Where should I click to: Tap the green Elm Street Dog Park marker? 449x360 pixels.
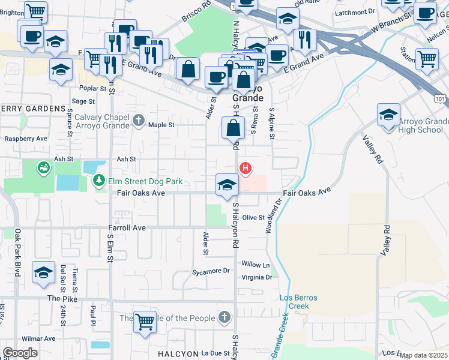coord(98,180)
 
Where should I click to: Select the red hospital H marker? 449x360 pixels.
coord(245,168)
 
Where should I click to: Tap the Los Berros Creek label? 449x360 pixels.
coord(294,302)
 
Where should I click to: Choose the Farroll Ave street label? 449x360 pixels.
coord(127,228)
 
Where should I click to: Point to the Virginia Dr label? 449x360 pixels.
coord(256,278)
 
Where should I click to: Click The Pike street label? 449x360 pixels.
coord(62,298)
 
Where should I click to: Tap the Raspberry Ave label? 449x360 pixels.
coord(26,139)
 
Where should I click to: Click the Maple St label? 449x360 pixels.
coord(161,125)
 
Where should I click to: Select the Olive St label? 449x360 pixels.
coord(253,218)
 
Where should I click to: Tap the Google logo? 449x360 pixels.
coord(20,353)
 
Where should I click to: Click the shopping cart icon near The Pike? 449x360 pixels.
coord(145,322)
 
